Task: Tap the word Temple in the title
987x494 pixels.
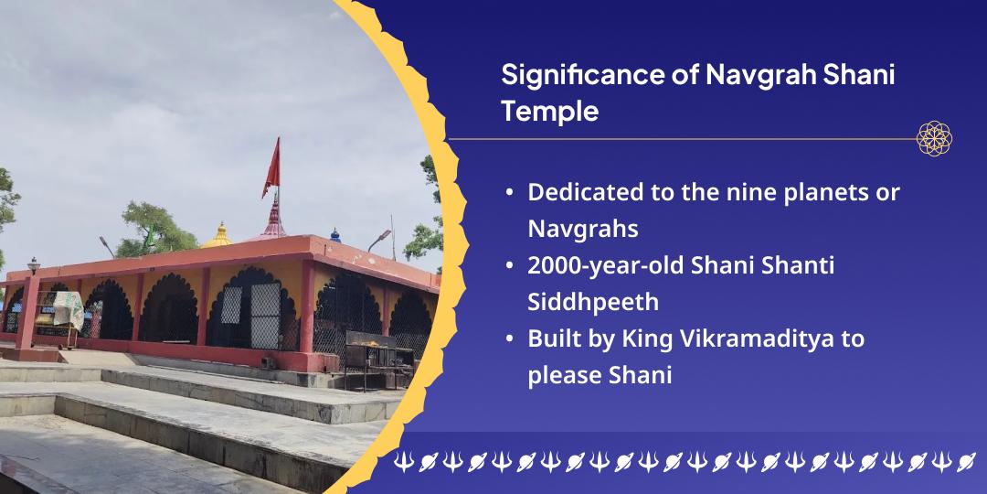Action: click(549, 113)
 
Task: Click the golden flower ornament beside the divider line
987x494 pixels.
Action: click(934, 139)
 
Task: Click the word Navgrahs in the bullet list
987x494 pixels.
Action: click(583, 229)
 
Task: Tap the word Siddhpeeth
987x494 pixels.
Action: click(593, 302)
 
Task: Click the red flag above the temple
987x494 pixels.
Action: click(271, 168)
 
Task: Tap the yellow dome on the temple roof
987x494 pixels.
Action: click(218, 236)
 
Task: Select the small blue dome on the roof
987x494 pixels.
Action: click(334, 236)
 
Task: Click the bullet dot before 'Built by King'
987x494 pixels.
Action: click(509, 339)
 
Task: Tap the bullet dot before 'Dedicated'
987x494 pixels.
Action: click(509, 193)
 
